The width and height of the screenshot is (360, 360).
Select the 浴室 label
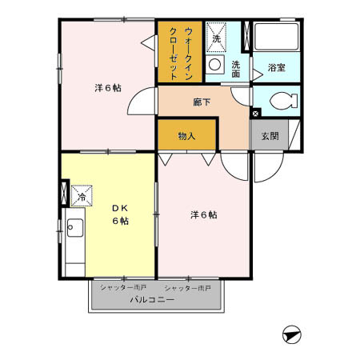pyautogui.click(x=277, y=68)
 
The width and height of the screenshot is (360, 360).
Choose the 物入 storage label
pyautogui.click(x=186, y=136)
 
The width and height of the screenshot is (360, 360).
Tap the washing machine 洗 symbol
pyautogui.click(x=216, y=38)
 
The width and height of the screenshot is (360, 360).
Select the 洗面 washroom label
pyautogui.click(x=237, y=68)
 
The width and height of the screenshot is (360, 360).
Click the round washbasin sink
pyautogui.click(x=214, y=64)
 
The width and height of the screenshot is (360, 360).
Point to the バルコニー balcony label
pyautogui.click(x=153, y=300)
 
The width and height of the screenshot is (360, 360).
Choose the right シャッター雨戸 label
pyautogui.click(x=187, y=286)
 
